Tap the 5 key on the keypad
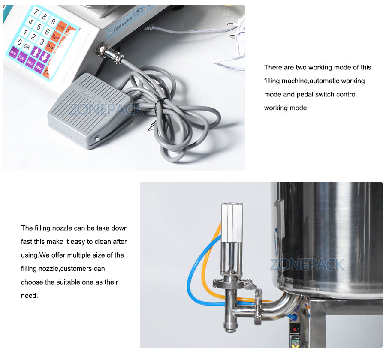click(38, 27)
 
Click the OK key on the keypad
click(27, 46)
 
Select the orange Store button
click(55, 37)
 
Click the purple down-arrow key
click(45, 56)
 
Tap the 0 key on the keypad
click(19, 42)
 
